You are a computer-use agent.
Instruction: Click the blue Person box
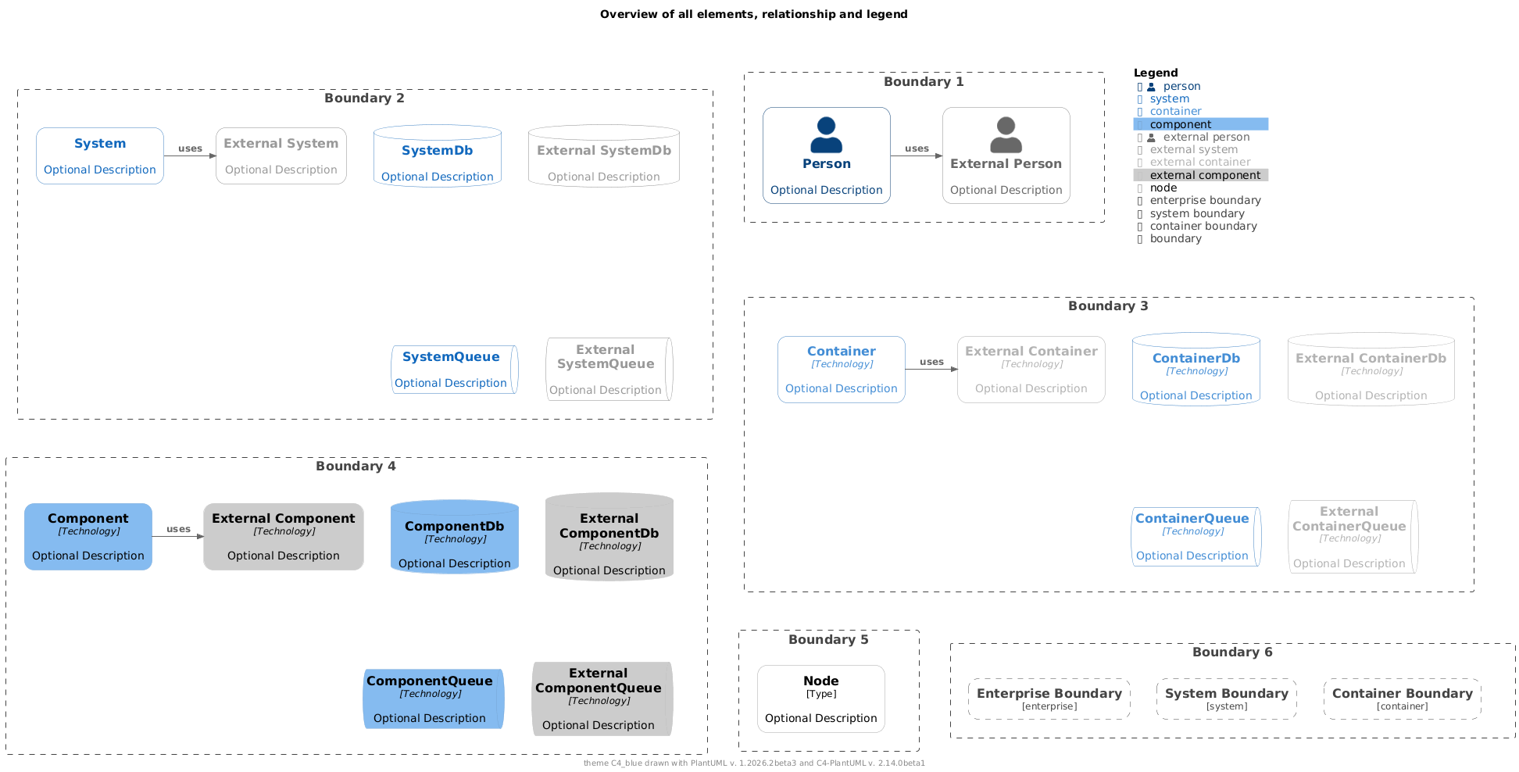coord(827,155)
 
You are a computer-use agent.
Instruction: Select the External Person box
coord(1006,155)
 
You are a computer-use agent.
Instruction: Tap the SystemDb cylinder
coord(438,155)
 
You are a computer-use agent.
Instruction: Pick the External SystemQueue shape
coord(609,369)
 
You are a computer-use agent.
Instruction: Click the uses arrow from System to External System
coord(190,155)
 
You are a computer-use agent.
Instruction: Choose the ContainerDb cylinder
coord(1196,369)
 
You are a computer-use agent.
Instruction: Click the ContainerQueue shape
coord(1196,537)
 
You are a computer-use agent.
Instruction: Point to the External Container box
coord(1031,370)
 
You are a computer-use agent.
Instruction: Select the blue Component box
coord(88,537)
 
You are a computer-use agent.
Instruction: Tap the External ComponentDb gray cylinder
coord(609,537)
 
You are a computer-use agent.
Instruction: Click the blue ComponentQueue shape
coord(434,699)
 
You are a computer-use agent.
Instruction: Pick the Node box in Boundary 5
coord(821,699)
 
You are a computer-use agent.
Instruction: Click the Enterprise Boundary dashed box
coord(1049,699)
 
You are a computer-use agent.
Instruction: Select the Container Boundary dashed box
coord(1403,699)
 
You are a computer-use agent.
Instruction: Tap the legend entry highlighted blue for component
coord(1201,124)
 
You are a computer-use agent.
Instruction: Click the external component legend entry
coord(1201,175)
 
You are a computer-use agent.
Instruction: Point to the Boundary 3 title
coord(1108,306)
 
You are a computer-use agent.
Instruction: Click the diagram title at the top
coord(754,14)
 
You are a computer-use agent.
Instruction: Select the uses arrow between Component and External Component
coord(178,536)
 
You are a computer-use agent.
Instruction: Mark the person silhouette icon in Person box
coord(827,134)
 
